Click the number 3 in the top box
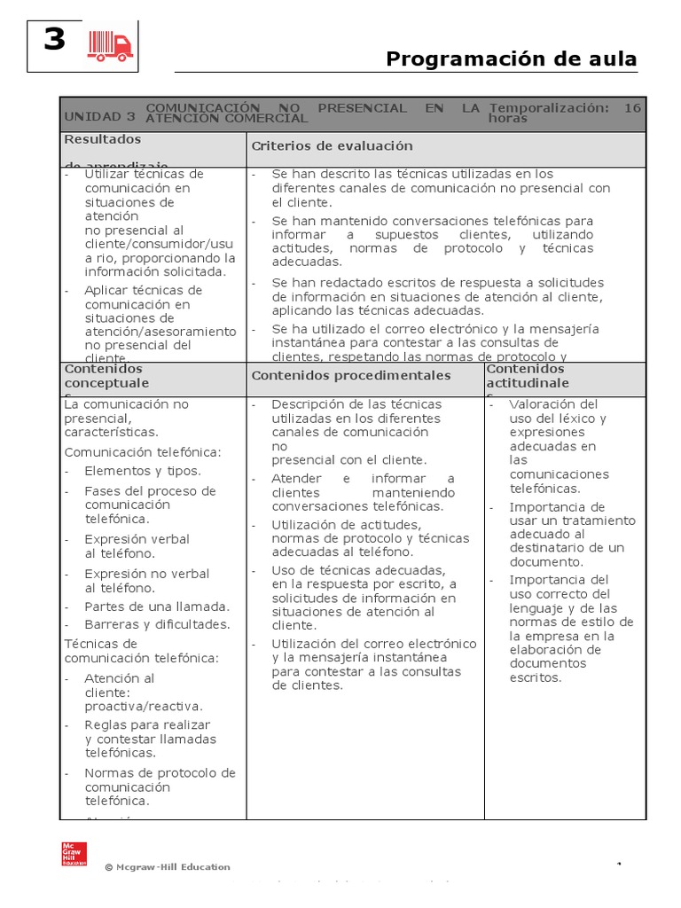coord(55,40)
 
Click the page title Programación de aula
coord(512,59)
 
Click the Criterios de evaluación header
coord(320,145)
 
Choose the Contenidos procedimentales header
coord(351,375)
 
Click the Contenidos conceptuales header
coord(106,376)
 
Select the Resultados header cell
coord(103,139)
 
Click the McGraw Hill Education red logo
coord(74,853)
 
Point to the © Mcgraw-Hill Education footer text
coord(168,867)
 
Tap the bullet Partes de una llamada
coord(157,607)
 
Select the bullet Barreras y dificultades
coord(157,624)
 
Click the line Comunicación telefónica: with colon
coord(143,452)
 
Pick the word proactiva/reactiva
coord(144,707)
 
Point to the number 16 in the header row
coord(631,108)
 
